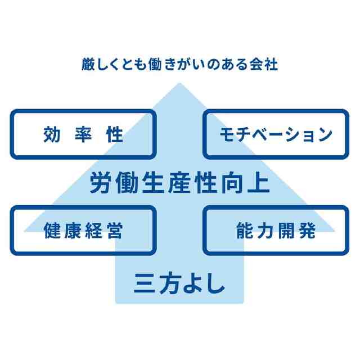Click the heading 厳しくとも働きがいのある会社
click(179, 64)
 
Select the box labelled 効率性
click(83, 134)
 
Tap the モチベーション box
click(276, 134)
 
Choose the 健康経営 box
click(83, 230)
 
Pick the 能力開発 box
click(276, 230)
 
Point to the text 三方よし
click(179, 282)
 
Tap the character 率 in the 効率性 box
click(83, 134)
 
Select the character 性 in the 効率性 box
click(114, 134)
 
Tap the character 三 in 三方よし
click(145, 282)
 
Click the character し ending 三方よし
click(215, 282)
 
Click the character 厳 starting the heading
click(88, 64)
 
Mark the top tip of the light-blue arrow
click(179, 84)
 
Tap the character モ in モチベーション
click(224, 135)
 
